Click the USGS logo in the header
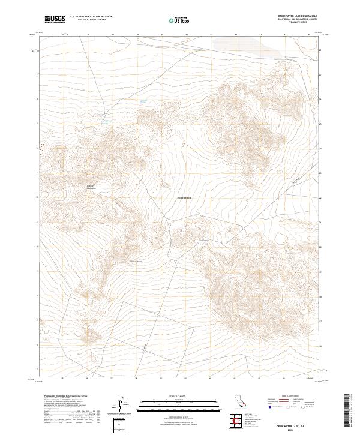pyautogui.click(x=55, y=19)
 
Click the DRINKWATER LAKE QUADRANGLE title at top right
pyautogui.click(x=298, y=16)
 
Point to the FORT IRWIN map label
pyautogui.click(x=184, y=197)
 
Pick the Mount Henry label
pyautogui.click(x=137, y=262)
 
